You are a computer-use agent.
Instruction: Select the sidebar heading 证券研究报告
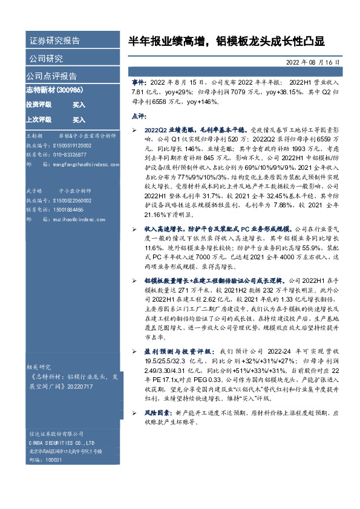pyautogui.click(x=54, y=41)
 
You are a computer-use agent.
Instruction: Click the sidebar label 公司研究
pyautogui.click(x=46, y=59)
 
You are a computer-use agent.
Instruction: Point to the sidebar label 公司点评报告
pyautogui.click(x=51, y=76)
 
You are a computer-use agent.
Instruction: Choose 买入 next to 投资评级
pyautogui.click(x=79, y=105)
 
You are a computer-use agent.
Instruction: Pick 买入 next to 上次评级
pyautogui.click(x=79, y=120)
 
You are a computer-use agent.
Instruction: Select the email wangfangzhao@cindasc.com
pyautogui.click(x=80, y=164)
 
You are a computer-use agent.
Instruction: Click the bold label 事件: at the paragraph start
pyautogui.click(x=139, y=80)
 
